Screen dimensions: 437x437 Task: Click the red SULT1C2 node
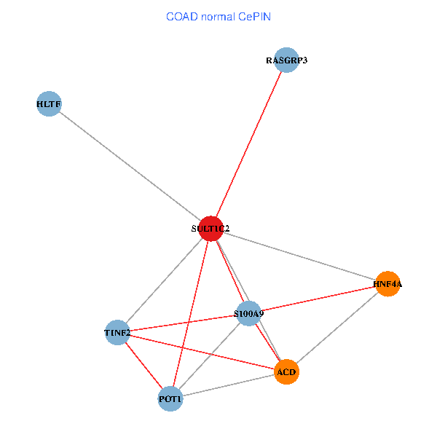pos(211,229)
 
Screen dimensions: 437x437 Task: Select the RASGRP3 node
pos(286,60)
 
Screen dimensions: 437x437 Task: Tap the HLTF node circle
pos(49,103)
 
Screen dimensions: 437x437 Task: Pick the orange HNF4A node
pos(387,284)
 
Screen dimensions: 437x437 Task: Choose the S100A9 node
pos(249,313)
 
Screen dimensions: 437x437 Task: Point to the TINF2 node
pos(117,333)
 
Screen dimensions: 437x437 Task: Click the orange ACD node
pos(286,371)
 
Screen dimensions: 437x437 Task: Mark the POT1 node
pos(170,399)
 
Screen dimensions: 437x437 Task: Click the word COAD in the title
pos(182,17)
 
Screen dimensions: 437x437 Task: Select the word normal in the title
pos(218,17)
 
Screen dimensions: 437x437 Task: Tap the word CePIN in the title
pos(254,17)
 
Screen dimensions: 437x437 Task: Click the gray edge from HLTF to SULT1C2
pos(130,166)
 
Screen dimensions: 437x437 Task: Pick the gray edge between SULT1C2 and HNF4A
pos(299,256)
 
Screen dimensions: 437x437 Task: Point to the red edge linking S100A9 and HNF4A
pos(318,299)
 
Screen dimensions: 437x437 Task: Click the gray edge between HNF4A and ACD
pos(337,328)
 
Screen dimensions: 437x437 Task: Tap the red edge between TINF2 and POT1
pos(143,366)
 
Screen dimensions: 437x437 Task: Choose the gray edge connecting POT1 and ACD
pos(228,385)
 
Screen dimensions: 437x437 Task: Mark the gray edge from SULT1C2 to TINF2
pos(165,280)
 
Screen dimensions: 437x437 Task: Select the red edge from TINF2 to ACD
pos(202,353)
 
